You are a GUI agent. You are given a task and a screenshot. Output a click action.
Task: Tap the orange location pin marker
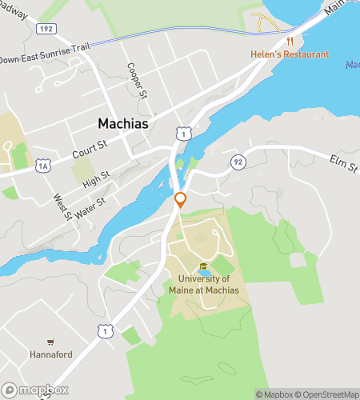tap(181, 199)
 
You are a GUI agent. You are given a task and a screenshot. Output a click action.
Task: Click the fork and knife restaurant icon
tap(290, 40)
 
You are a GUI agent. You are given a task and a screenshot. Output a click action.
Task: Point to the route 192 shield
tap(46, 28)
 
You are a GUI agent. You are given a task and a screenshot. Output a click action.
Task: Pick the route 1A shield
tap(42, 166)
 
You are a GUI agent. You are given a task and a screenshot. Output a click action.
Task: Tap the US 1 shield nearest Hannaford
tap(103, 330)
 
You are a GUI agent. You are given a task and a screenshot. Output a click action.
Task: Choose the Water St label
tap(89, 206)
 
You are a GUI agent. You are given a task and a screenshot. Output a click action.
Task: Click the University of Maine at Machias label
tap(204, 284)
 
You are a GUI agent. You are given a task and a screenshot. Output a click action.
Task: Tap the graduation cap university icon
tap(203, 266)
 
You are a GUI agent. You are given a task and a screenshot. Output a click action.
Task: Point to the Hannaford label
tap(52, 353)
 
